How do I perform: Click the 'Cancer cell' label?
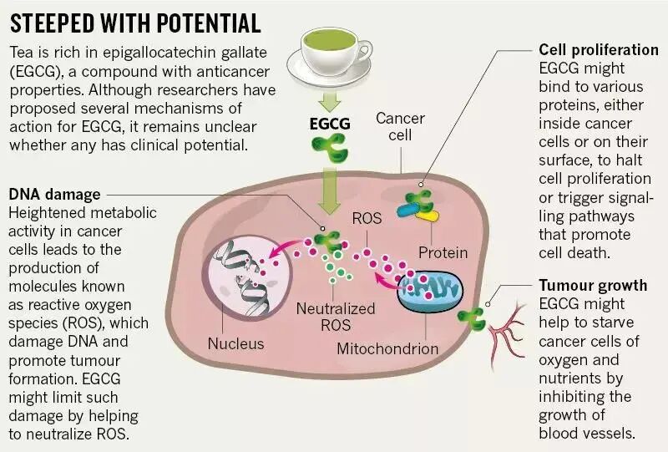[x=400, y=127]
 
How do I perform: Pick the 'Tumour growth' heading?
[x=592, y=285]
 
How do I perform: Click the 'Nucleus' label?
[x=235, y=343]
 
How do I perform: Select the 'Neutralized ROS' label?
[x=336, y=317]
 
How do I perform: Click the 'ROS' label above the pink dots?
[x=367, y=219]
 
